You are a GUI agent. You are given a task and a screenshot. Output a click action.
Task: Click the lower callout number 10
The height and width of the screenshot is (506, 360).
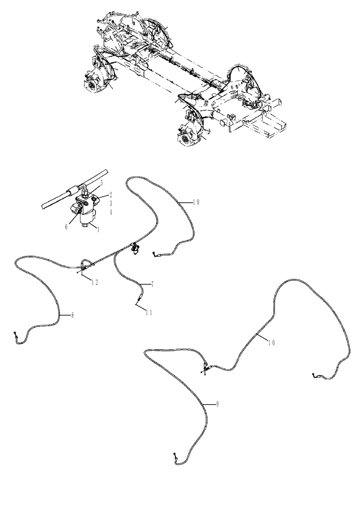tap(271, 343)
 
